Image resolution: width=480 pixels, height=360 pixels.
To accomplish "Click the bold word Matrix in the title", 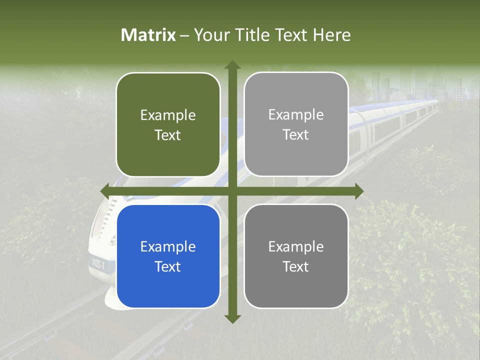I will click(x=148, y=35).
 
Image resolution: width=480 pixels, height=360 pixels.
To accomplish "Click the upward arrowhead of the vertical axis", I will click(x=232, y=65).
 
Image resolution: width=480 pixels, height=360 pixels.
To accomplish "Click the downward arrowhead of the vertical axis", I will click(x=232, y=318).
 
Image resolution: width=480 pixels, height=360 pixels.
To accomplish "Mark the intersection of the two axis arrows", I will click(x=232, y=191).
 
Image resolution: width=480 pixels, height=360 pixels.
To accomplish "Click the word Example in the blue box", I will click(x=168, y=247).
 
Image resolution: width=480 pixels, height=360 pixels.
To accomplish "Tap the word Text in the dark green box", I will click(x=168, y=135).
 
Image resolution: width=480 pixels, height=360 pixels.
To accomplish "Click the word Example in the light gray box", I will click(x=296, y=115).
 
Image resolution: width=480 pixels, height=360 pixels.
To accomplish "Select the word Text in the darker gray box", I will click(x=296, y=266).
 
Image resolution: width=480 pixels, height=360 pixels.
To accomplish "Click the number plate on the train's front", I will click(x=97, y=264).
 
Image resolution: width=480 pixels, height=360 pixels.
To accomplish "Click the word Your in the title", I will click(x=210, y=35).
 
